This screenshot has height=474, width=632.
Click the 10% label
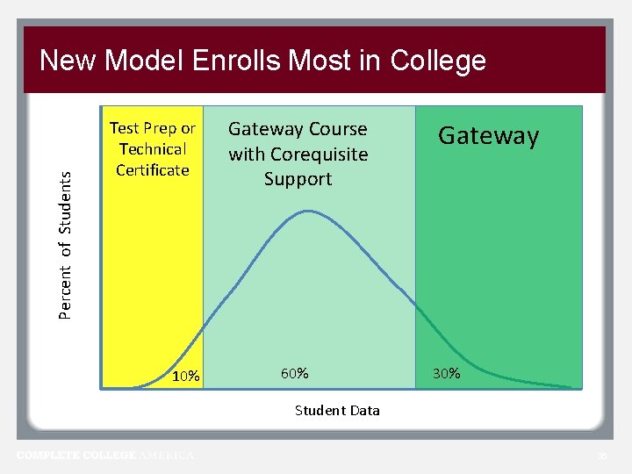pos(187,377)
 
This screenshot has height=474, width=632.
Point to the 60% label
pos(294,373)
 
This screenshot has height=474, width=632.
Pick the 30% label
pos(446,373)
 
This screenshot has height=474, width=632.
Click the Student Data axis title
pos(337,410)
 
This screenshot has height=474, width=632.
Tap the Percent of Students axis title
pos(66,243)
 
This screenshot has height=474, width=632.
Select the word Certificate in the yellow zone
pos(153,169)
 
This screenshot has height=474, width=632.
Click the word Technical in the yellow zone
pos(153,149)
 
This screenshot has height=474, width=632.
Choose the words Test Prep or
pos(153,129)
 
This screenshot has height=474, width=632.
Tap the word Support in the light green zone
pos(298,179)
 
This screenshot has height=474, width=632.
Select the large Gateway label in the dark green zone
pos(488,136)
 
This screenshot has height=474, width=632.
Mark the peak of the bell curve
pos(308,211)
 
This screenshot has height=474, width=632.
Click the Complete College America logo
pos(105,455)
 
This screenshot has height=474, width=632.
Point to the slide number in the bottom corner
pos(601,456)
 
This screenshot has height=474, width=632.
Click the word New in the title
pos(68,61)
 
